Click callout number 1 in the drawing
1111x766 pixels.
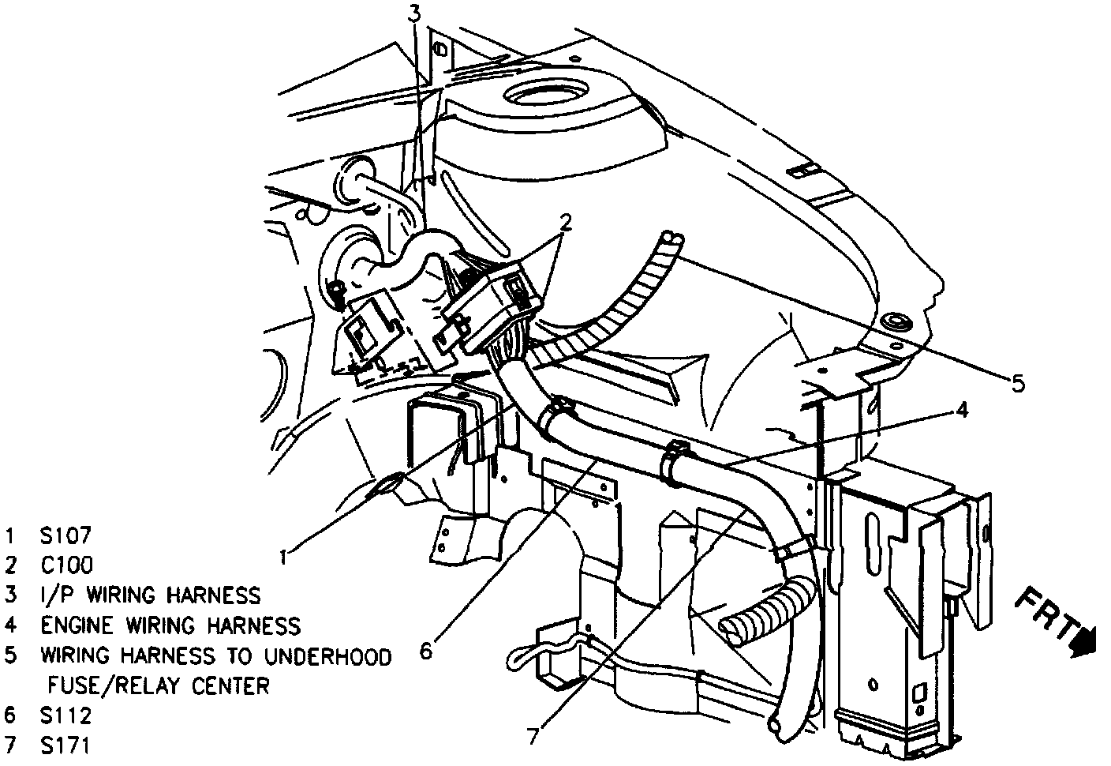coord(283,558)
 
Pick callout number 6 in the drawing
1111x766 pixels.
coord(426,650)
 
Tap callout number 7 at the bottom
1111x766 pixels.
coord(534,735)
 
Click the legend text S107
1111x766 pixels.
coord(66,535)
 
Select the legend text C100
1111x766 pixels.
coord(67,565)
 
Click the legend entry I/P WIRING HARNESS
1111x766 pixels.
coord(150,595)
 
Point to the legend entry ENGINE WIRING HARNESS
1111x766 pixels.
coord(170,625)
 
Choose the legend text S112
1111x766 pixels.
coord(66,715)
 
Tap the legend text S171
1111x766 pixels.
coord(66,745)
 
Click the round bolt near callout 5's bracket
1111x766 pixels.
coord(894,321)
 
